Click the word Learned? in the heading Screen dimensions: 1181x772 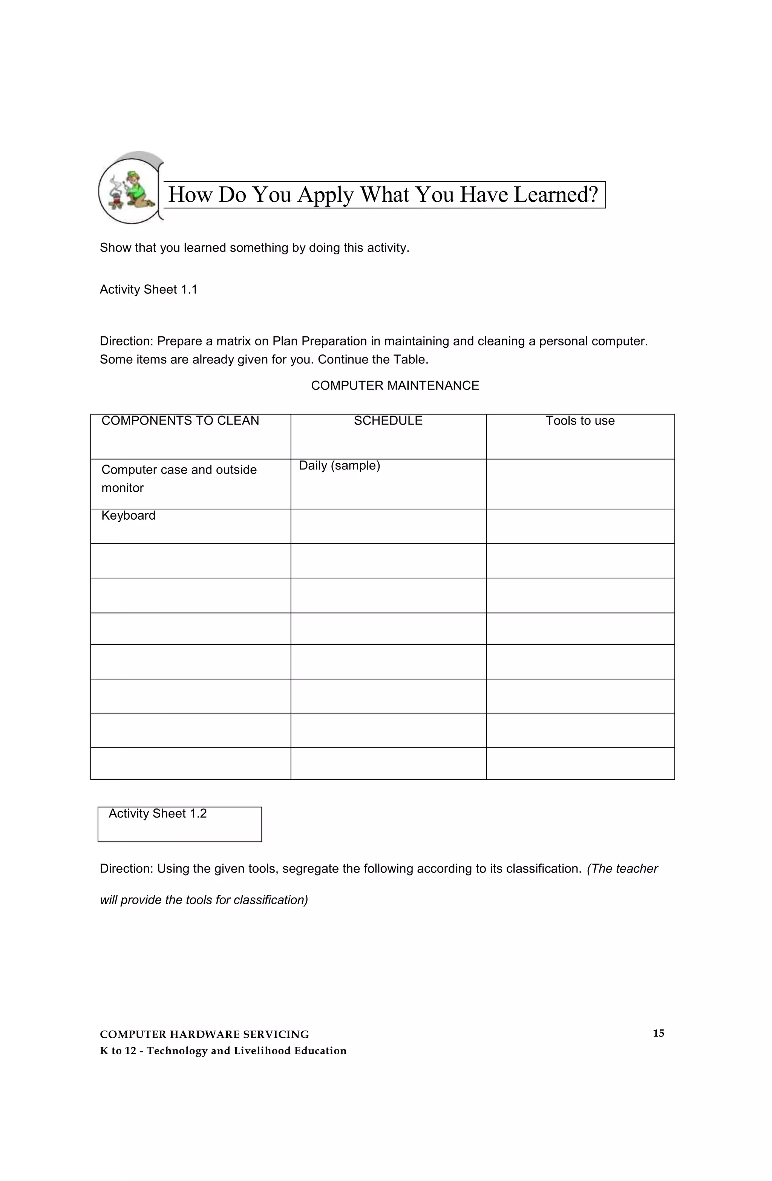point(556,195)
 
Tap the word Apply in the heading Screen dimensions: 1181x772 point(325,195)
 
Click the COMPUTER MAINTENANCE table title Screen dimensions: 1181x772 point(395,386)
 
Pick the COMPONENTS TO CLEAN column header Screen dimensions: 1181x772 point(180,421)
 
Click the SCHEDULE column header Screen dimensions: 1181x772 point(388,421)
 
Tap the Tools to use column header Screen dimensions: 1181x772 point(580,421)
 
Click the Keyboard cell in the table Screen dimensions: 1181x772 point(129,515)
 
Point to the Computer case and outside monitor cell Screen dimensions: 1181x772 point(179,479)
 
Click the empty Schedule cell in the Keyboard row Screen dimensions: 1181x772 point(388,526)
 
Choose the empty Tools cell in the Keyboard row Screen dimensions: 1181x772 point(580,526)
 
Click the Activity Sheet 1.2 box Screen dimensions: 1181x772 point(179,824)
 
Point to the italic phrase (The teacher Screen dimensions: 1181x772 point(622,869)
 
